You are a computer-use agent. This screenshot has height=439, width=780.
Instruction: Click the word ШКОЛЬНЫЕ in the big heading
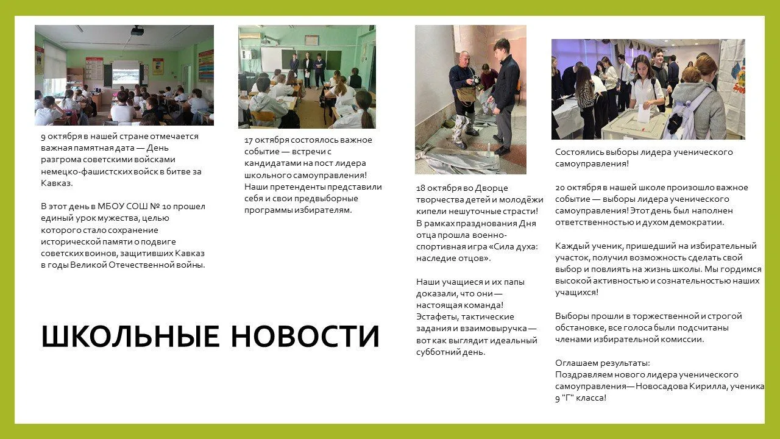tap(130, 336)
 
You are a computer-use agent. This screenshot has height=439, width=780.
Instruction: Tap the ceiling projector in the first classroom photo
tap(137, 31)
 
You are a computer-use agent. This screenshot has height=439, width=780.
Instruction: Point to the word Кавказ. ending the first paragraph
tap(57, 184)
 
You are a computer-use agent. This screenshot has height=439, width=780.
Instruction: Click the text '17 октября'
tap(267, 140)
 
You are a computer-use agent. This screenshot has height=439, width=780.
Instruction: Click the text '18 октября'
tap(438, 188)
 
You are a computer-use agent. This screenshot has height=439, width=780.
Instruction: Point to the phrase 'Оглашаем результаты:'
tap(603, 363)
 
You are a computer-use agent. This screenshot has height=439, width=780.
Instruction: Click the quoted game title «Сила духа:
tap(513, 247)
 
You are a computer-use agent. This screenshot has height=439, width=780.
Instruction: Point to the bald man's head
tap(464, 58)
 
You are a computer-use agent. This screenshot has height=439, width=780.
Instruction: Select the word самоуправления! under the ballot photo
tap(592, 164)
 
